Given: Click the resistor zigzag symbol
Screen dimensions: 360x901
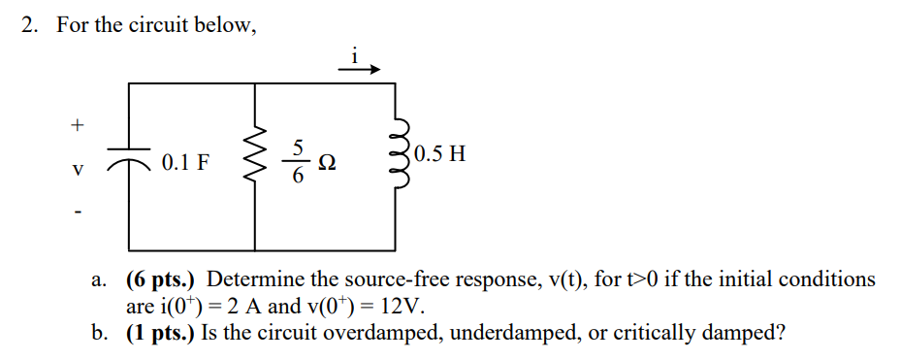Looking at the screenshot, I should click(x=256, y=161).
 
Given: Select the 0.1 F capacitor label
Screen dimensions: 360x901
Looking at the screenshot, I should click(x=185, y=162).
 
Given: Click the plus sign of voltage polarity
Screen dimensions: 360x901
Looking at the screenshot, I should click(x=78, y=124).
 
